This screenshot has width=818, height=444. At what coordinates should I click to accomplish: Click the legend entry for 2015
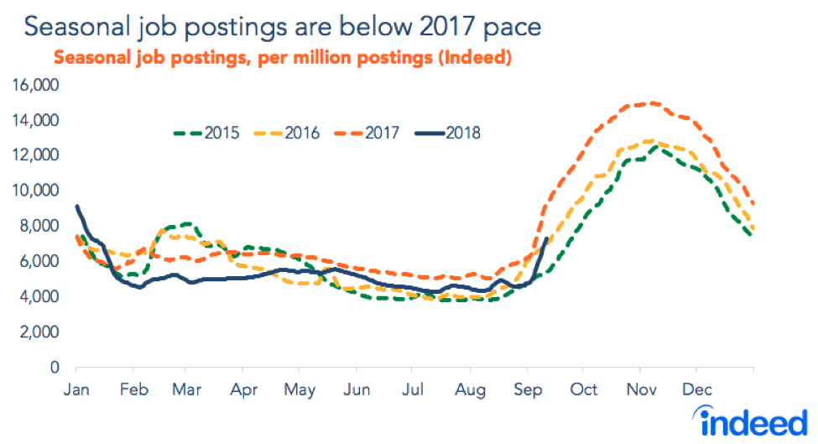pyautogui.click(x=219, y=132)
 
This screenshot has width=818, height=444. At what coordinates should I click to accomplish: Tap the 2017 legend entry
pyautogui.click(x=384, y=132)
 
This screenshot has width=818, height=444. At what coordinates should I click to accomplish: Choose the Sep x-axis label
pyautogui.click(x=527, y=390)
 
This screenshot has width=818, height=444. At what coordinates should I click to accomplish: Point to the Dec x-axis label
pyautogui.click(x=696, y=390)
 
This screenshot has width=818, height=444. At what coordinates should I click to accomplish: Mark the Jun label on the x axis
pyautogui.click(x=357, y=390)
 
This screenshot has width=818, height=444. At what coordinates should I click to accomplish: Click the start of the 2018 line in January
pyautogui.click(x=77, y=206)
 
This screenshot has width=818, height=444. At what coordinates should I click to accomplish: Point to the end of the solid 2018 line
pyautogui.click(x=547, y=238)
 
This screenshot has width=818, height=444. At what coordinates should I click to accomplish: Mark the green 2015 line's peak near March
pyautogui.click(x=186, y=224)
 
